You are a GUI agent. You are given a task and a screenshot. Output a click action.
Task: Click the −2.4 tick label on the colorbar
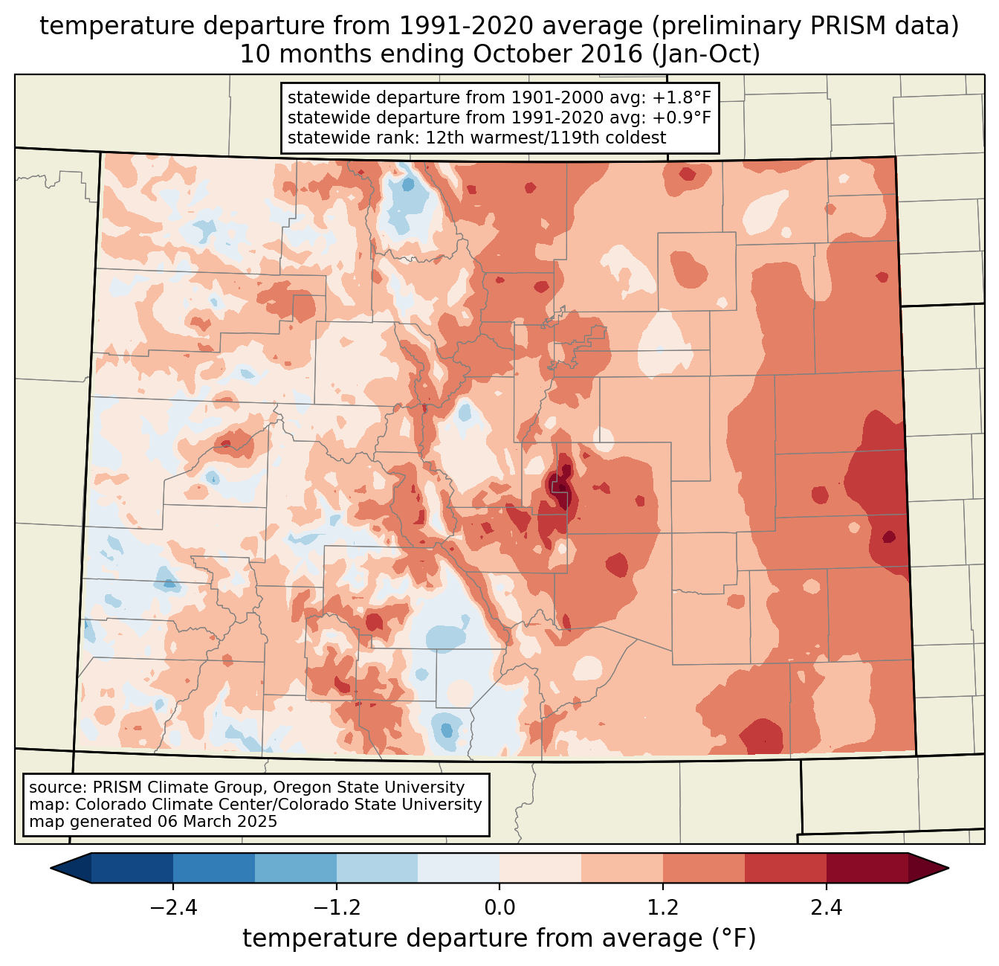coord(173,908)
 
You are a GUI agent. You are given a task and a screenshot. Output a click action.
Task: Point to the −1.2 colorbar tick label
coord(337,908)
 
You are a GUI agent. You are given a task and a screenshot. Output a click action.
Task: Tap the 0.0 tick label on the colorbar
coord(499,908)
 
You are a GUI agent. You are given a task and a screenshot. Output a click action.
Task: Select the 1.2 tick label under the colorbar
coord(663,908)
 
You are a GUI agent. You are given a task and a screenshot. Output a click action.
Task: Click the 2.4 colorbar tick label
coord(826,908)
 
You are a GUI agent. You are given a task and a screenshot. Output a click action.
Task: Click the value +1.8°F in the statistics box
coord(682,98)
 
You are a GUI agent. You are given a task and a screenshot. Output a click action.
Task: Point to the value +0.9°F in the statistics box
coord(682,117)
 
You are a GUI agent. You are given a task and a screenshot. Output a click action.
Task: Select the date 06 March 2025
coord(217,822)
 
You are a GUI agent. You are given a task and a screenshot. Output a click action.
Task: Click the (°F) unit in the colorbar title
coord(734,938)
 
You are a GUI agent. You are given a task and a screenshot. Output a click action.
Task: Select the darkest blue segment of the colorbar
coord(132,868)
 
